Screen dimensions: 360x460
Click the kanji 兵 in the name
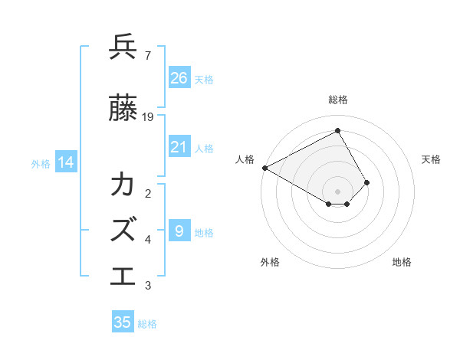tap(123, 47)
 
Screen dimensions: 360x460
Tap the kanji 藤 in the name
tap(123, 110)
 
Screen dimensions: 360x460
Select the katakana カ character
tap(123, 185)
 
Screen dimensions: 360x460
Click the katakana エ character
tap(123, 274)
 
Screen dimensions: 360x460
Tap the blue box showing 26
tap(179, 78)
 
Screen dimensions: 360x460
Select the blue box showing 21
tap(179, 148)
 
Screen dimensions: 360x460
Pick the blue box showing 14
tap(66, 162)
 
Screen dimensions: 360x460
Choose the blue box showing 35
tap(123, 322)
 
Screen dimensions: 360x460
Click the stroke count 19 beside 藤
tap(148, 117)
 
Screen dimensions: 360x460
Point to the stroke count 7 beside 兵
tap(147, 55)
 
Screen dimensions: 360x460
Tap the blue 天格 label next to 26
tap(204, 79)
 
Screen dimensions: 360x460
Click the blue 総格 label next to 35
tap(147, 324)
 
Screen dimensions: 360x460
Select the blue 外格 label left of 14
tap(41, 163)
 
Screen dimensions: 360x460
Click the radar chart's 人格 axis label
tap(245, 159)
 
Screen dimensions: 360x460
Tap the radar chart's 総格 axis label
tap(338, 100)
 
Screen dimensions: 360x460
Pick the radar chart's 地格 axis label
tap(402, 262)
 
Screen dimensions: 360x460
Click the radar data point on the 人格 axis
tap(264, 168)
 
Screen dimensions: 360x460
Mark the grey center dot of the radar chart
tap(338, 190)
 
